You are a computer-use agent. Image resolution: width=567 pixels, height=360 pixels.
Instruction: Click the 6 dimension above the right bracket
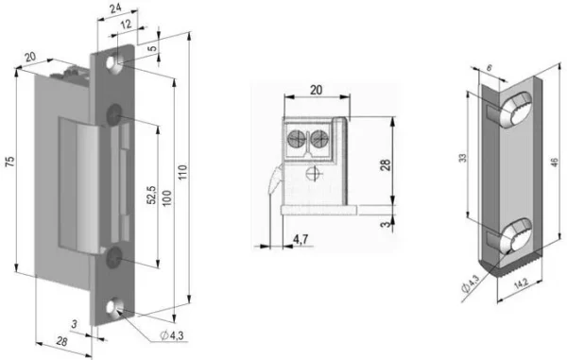pos(489,69)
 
